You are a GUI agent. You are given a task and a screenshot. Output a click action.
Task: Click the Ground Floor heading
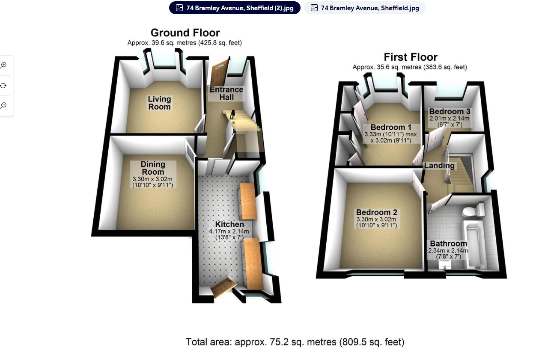185,33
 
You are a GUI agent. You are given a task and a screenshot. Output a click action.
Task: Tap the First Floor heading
410,57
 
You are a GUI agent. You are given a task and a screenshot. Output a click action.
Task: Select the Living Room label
159,103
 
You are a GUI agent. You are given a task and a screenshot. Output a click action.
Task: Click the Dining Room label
153,168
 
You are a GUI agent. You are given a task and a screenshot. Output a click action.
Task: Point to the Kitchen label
229,224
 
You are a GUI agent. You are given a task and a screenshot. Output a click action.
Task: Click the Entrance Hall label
226,93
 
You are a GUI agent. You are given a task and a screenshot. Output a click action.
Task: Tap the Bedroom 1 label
391,127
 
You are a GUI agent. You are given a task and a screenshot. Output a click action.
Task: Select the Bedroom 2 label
376,212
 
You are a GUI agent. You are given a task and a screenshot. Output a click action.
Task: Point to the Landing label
439,166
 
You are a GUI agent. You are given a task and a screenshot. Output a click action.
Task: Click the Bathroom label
448,244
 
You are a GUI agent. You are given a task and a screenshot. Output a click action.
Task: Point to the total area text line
295,342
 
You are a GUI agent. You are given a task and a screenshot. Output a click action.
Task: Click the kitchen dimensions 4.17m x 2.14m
229,232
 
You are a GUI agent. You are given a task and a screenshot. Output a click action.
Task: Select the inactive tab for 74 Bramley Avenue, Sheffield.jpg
365,8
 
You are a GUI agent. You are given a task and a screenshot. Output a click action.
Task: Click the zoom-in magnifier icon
3,65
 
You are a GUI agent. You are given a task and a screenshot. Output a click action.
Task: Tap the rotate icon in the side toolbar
3,85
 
